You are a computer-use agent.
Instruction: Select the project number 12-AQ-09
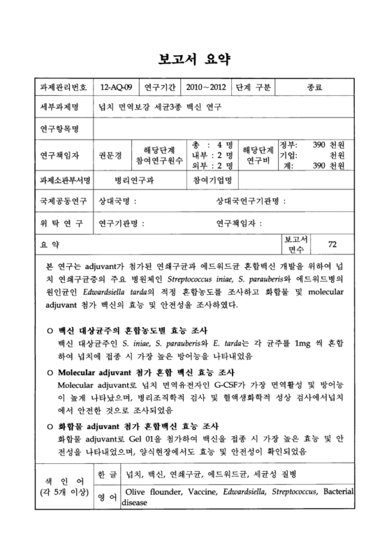(x=115, y=88)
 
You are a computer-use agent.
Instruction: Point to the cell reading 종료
(x=315, y=88)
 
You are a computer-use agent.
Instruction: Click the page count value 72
(x=332, y=244)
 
